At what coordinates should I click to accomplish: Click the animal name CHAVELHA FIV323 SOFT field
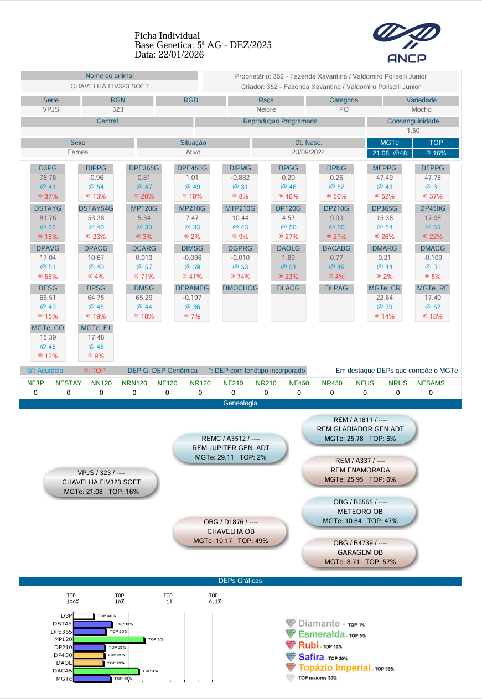pos(110,86)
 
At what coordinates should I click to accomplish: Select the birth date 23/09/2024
pos(308,152)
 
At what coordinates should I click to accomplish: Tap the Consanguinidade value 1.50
pos(413,131)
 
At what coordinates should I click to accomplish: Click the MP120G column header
pos(144,208)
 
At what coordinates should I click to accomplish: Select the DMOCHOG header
pos(240,288)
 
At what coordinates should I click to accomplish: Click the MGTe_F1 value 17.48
pos(96,337)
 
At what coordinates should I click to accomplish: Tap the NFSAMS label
pos(431,383)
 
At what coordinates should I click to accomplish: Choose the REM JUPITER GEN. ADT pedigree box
pos(231,448)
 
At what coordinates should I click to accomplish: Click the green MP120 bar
pos(109,639)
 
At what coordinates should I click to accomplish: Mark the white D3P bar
pos(84,615)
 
